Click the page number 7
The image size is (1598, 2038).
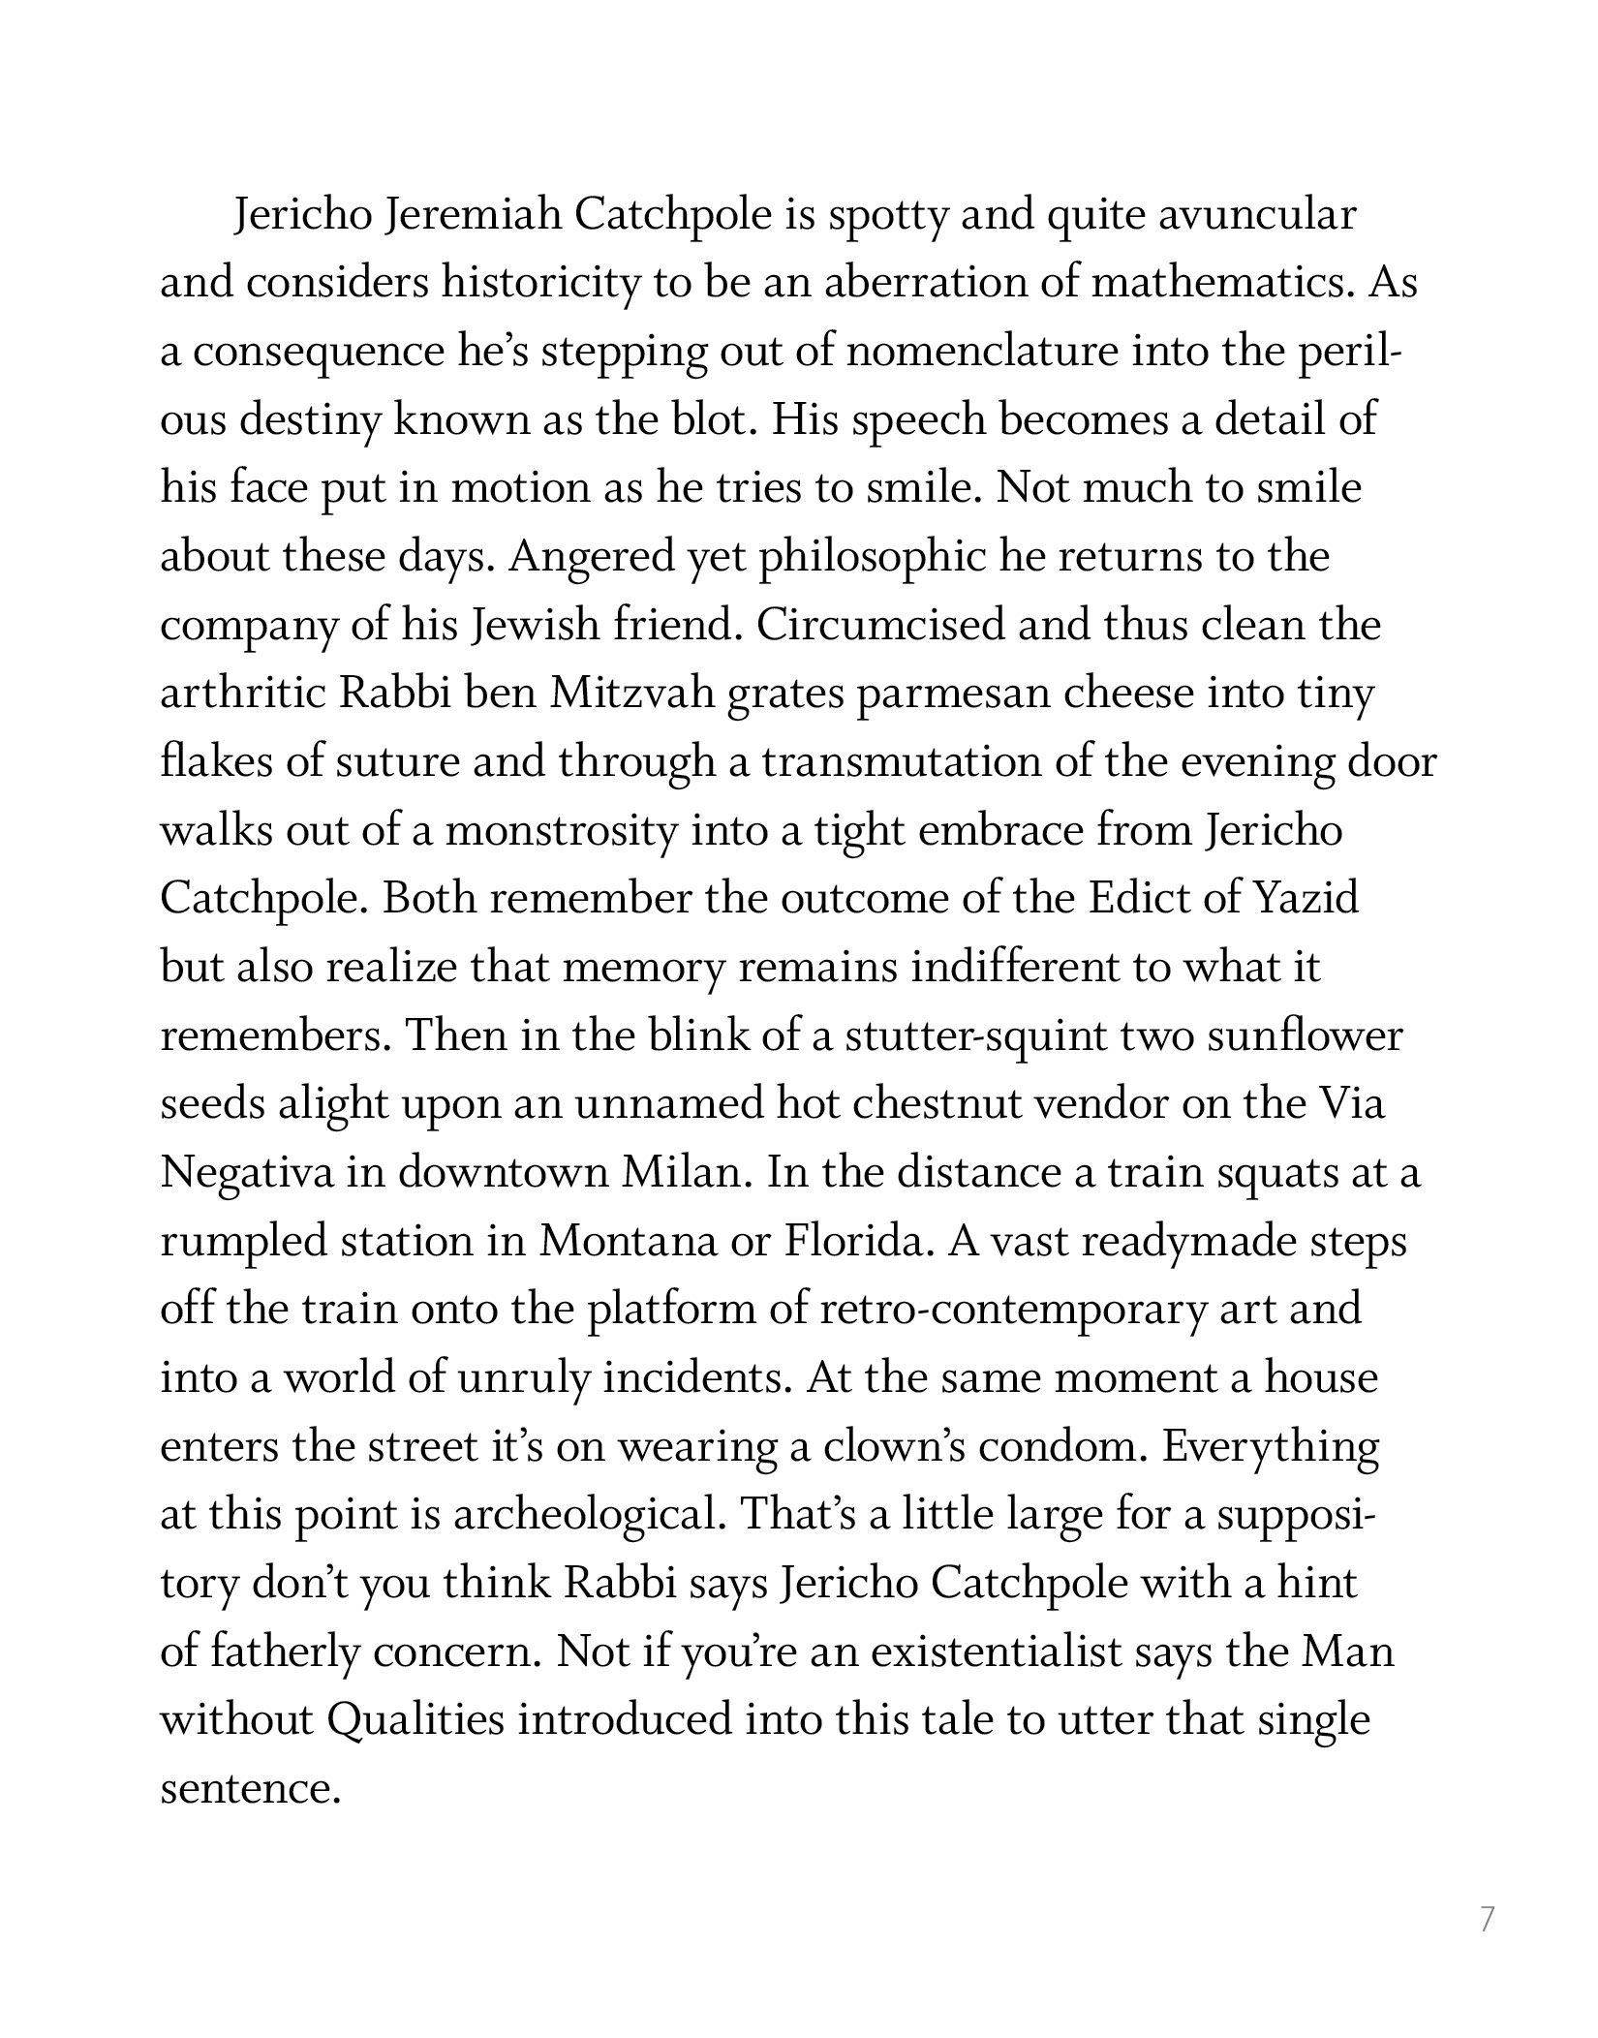point(1488,1918)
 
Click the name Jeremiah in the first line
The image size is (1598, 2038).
point(473,216)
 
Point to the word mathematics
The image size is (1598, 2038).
point(1222,284)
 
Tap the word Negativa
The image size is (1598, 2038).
point(247,1173)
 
